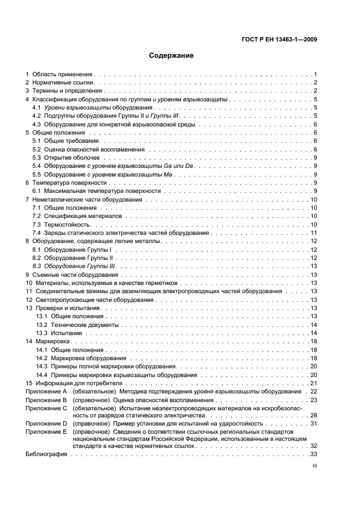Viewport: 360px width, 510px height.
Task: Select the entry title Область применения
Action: click(x=63, y=74)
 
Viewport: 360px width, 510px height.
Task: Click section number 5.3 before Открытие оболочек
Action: click(x=36, y=157)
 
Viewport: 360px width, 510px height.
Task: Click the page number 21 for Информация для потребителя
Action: click(x=313, y=383)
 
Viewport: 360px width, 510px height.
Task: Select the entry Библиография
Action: click(x=46, y=454)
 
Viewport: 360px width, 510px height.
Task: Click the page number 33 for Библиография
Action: click(x=313, y=454)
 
